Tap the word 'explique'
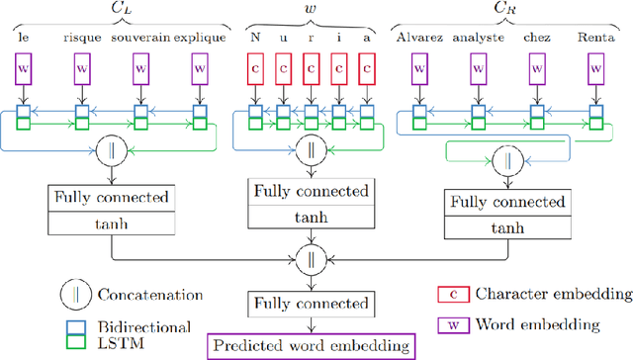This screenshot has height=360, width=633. point(201,40)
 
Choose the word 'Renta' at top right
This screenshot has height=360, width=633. point(596,40)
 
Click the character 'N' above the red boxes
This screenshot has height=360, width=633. point(256,40)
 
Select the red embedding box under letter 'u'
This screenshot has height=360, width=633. point(283,69)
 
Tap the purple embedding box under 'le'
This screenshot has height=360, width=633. point(24,69)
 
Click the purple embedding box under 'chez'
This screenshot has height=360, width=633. point(539,69)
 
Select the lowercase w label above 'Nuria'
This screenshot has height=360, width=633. point(312,10)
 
